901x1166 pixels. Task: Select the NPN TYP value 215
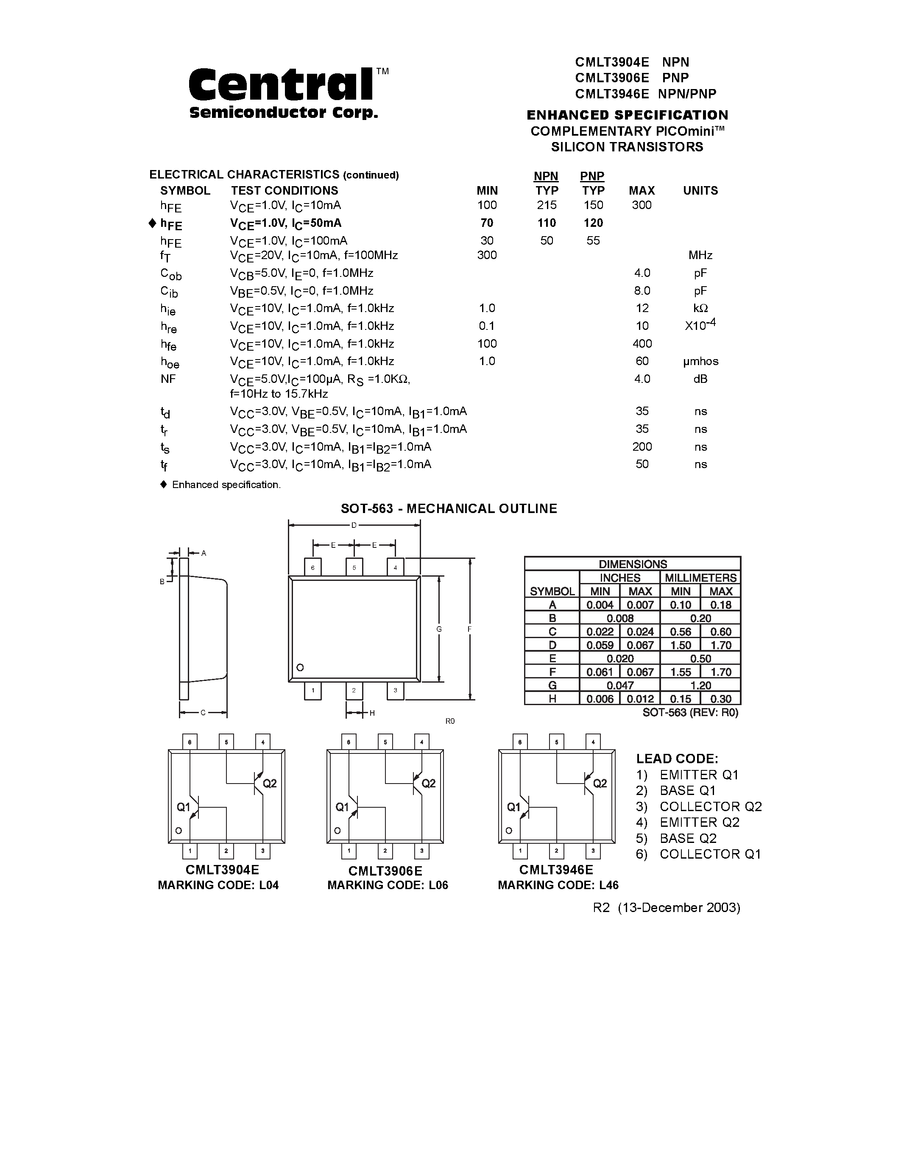click(x=547, y=205)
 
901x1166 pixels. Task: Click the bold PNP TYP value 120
click(x=593, y=223)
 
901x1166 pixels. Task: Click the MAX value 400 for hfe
click(x=642, y=343)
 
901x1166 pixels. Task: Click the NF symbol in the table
click(x=168, y=379)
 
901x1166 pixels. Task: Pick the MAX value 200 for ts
click(x=642, y=447)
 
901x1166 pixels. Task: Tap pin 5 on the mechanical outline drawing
click(x=354, y=567)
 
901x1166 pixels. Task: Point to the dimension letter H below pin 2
click(x=372, y=713)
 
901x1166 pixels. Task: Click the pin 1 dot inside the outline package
click(x=300, y=667)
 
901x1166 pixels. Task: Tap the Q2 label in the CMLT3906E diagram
click(x=429, y=783)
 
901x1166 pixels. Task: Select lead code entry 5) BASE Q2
click(x=676, y=838)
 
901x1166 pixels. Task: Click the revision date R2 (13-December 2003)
click(x=666, y=908)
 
